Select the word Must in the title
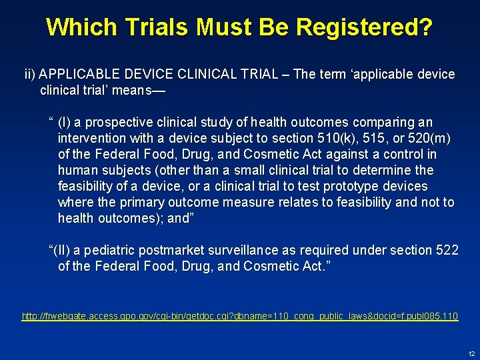[x=214, y=27]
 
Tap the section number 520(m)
[x=431, y=139]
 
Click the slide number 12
[x=471, y=353]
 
